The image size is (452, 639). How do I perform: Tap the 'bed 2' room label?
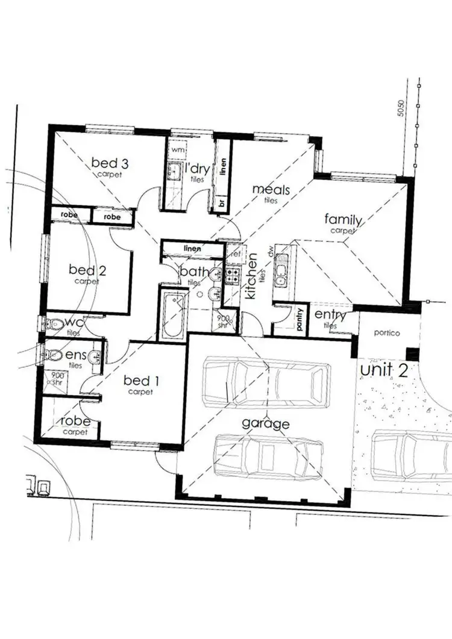coord(87,270)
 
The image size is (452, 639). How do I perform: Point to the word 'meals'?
coord(271,190)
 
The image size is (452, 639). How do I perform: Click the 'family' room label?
coord(343,219)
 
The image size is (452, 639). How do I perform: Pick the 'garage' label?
coord(266,423)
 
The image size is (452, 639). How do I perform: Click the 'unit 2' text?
coord(385,369)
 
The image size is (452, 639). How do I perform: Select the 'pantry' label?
coord(300,320)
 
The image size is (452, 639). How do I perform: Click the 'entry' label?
coord(330,315)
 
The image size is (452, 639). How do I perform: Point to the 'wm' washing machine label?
coord(177,148)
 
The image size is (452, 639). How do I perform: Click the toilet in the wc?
coord(55,323)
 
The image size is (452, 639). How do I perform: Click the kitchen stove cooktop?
coord(233,276)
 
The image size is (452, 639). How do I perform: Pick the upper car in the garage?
coord(266,380)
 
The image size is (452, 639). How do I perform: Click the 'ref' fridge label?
coord(236,254)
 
